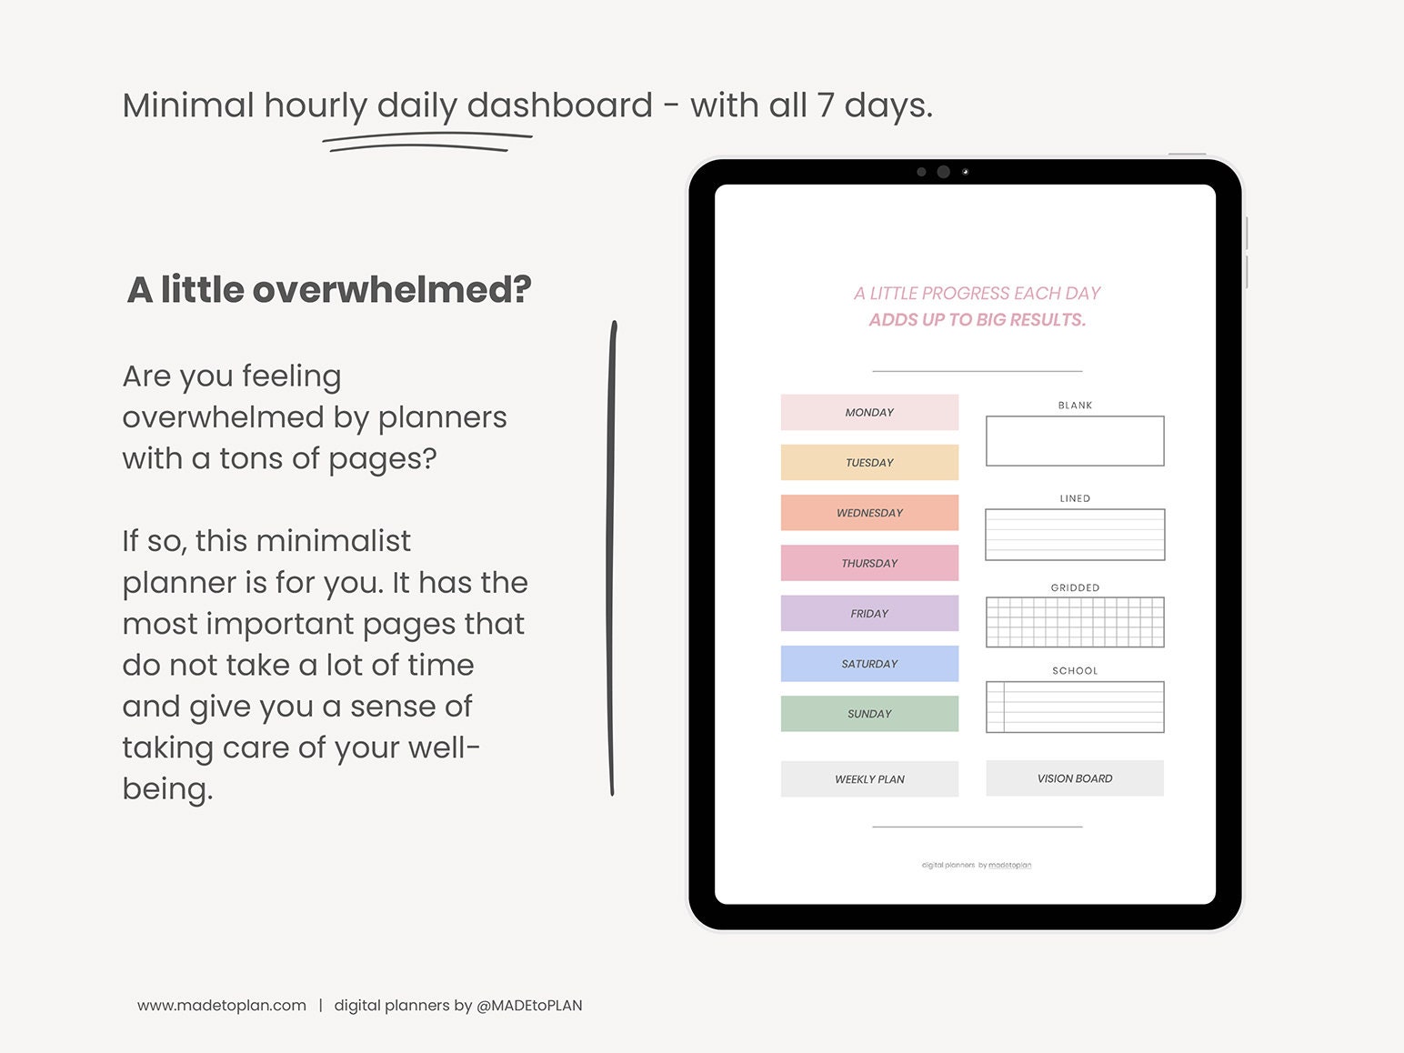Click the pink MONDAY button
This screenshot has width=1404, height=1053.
tap(869, 412)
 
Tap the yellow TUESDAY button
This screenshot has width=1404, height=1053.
tap(869, 462)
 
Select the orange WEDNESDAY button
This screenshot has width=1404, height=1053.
tap(869, 513)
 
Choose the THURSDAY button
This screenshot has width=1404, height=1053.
tap(869, 563)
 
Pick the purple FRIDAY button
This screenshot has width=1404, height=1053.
tap(869, 613)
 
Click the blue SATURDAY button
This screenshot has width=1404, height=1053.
tap(869, 664)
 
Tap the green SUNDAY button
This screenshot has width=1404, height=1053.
tap(869, 714)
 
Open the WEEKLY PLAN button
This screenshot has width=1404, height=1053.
tap(869, 779)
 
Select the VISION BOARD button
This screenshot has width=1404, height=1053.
tap(1075, 778)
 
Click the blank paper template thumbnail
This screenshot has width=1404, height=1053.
tap(1075, 441)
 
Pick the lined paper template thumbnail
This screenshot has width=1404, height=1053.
tap(1075, 535)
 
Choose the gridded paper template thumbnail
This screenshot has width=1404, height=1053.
tap(1075, 622)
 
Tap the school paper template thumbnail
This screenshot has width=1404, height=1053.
tap(1075, 707)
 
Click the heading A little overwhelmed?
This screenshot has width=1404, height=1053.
tap(329, 290)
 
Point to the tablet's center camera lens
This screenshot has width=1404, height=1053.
tap(943, 172)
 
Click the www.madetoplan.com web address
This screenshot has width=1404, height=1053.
tap(222, 1006)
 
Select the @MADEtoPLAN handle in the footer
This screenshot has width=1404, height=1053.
tap(529, 1006)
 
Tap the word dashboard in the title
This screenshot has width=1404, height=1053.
tap(559, 105)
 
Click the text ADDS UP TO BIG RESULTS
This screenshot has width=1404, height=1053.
tap(978, 320)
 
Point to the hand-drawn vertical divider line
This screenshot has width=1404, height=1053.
tap(612, 558)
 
